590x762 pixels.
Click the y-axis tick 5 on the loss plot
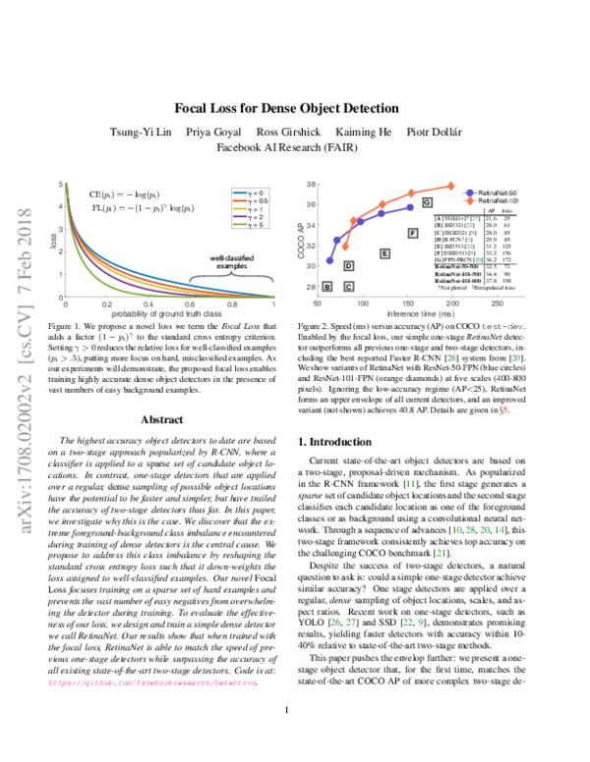click(x=63, y=184)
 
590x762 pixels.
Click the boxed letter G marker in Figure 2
click(x=428, y=201)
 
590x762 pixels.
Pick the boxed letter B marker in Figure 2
click(x=327, y=287)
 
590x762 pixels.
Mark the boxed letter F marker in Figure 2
click(x=413, y=233)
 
